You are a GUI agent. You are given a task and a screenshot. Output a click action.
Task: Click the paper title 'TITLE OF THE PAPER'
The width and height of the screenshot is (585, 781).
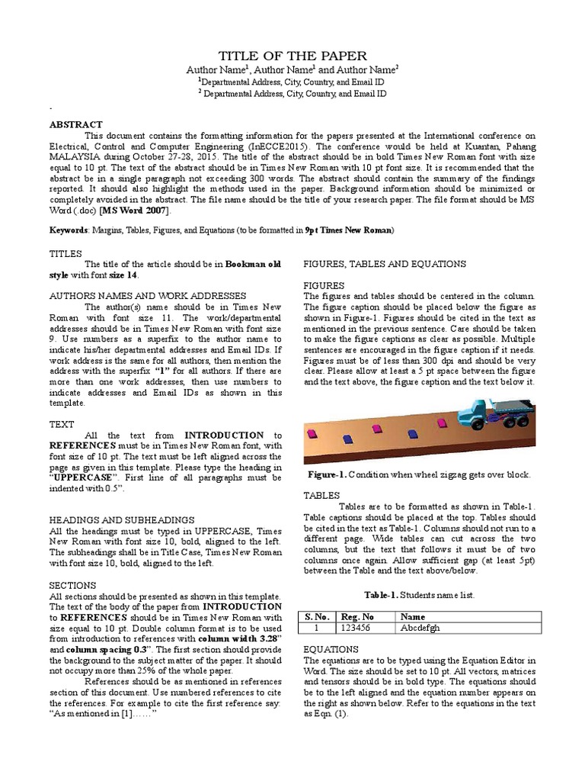pyautogui.click(x=292, y=56)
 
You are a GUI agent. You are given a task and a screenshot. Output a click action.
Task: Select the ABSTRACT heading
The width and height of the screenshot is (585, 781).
pyautogui.click(x=75, y=124)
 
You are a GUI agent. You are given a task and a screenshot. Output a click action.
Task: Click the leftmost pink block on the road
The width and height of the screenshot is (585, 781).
pyautogui.click(x=312, y=435)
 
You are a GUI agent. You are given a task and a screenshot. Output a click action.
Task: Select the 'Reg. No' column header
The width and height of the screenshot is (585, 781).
pyautogui.click(x=358, y=616)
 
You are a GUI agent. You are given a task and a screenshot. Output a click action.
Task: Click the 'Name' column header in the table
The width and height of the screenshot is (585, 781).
pyautogui.click(x=412, y=616)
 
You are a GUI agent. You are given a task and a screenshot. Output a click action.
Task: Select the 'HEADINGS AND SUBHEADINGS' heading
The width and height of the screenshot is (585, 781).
pyautogui.click(x=110, y=519)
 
